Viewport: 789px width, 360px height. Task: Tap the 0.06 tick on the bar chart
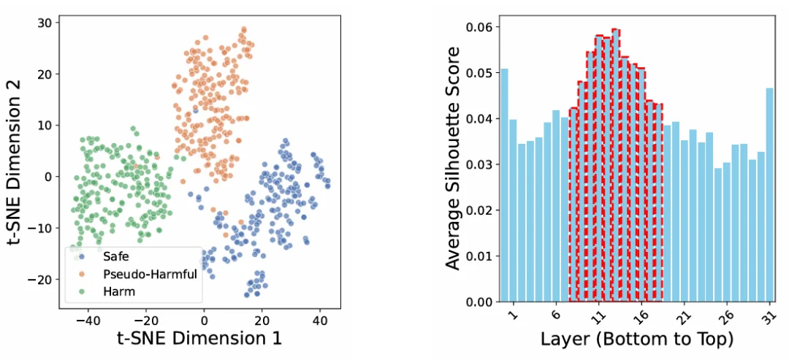[479, 27]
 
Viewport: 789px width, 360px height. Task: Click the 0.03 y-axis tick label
[479, 164]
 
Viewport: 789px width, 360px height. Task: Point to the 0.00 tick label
[479, 301]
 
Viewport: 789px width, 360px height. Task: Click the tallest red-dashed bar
[616, 168]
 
